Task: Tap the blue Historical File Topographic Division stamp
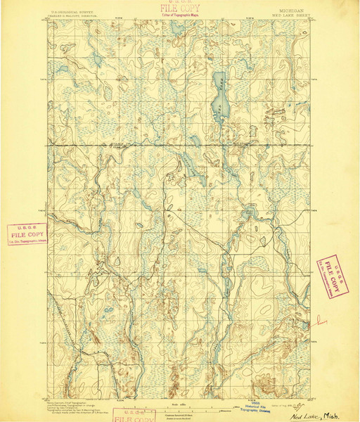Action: (256, 409)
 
